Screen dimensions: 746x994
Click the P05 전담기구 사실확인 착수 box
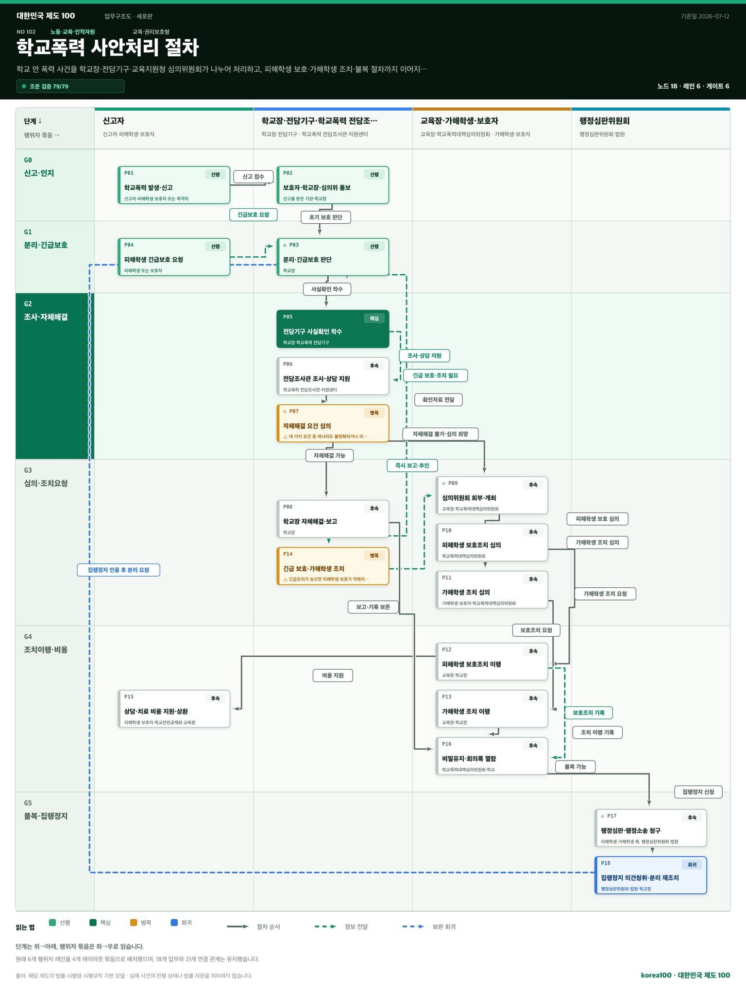point(333,329)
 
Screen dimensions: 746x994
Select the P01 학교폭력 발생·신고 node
point(174,185)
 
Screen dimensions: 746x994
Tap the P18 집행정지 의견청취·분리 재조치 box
point(651,875)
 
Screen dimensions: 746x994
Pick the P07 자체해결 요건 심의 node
point(333,423)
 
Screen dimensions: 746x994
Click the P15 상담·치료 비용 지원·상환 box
point(174,709)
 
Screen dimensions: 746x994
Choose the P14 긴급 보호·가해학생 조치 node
point(333,566)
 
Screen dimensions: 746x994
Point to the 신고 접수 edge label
point(253,177)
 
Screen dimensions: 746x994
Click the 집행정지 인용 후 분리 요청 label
point(119,570)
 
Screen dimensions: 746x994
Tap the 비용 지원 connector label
point(333,676)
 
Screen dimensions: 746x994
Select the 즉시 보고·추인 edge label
point(412,465)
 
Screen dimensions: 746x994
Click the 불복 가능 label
point(576,767)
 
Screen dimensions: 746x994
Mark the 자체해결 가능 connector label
point(329,455)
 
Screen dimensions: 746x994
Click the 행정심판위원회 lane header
point(604,121)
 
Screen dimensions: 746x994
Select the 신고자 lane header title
point(113,121)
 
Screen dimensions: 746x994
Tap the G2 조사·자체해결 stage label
point(46,311)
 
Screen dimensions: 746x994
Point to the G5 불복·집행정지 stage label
point(46,810)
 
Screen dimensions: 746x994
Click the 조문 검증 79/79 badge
point(70,86)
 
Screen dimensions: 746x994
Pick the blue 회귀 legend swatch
point(174,923)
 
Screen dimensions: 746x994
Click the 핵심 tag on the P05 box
point(374,318)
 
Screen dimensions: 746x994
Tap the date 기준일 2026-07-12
point(705,17)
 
